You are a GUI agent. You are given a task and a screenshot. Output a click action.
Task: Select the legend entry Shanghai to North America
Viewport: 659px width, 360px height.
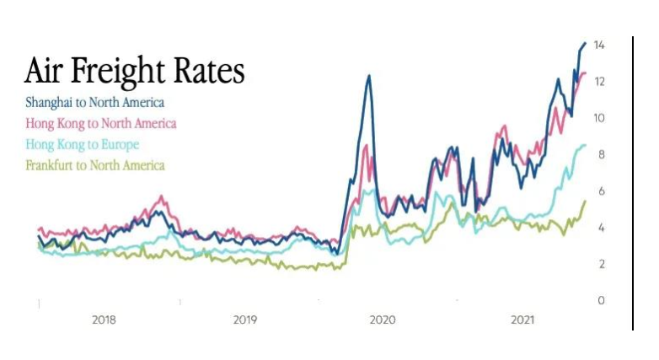(94, 103)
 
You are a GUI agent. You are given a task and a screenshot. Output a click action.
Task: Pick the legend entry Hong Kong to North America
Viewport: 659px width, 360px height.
(101, 123)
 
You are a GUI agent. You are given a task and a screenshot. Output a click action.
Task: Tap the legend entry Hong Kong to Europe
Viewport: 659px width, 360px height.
(82, 144)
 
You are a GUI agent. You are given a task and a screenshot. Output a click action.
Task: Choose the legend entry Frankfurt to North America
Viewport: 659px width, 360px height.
(95, 165)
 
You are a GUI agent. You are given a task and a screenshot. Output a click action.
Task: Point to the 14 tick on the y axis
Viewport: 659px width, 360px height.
(599, 45)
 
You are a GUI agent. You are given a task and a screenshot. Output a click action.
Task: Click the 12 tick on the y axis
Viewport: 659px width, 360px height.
(599, 81)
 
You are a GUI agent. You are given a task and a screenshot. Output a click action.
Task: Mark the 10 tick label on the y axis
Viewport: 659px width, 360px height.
(599, 118)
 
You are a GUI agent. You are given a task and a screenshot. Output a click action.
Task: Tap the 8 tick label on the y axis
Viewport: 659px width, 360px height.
(601, 154)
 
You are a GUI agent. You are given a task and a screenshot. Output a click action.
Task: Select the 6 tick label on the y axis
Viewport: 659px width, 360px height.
(601, 191)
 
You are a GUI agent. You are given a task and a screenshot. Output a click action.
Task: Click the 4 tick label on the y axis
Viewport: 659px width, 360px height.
(601, 228)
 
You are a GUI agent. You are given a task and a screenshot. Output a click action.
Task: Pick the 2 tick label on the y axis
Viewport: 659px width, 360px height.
(601, 265)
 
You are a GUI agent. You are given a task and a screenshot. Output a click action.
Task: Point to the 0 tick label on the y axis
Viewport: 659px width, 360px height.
(601, 301)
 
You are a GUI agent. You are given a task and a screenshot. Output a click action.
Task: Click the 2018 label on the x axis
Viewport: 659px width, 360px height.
(104, 320)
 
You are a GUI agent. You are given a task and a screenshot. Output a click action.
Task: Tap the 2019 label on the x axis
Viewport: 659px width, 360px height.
(244, 320)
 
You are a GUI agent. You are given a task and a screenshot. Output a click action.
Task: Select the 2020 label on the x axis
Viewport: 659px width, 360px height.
(383, 320)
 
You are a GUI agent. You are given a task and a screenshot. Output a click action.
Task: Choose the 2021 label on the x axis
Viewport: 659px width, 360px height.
(523, 320)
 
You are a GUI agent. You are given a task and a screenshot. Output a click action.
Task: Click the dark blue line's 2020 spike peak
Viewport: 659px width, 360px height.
(368, 76)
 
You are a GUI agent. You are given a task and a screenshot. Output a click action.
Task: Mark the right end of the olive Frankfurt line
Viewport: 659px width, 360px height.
(586, 201)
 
